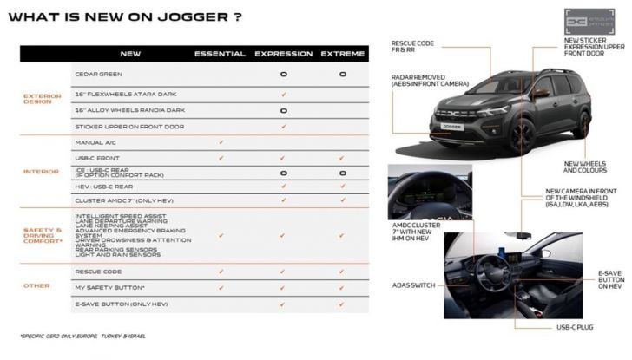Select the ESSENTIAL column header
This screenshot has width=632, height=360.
pos(221,54)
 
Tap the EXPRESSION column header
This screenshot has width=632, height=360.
pos(283,54)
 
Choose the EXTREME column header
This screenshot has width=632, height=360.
pos(343,54)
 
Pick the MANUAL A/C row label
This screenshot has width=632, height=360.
pos(96,141)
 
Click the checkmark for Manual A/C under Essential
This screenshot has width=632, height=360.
pos(221,141)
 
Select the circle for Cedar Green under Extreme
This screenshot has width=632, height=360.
pos(343,75)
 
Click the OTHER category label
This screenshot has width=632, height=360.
pos(37,285)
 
